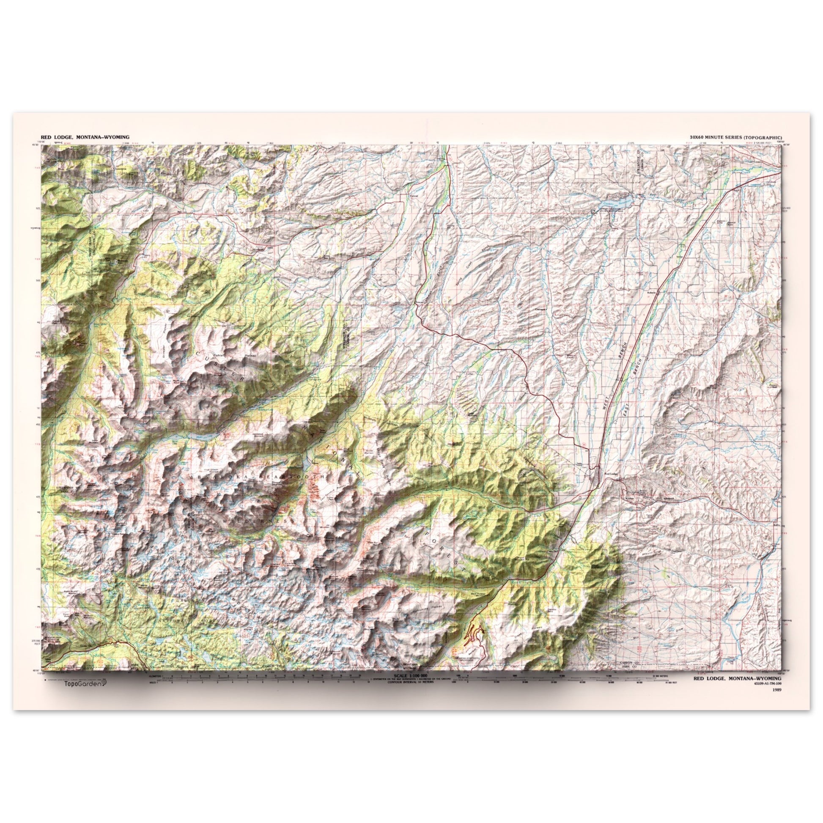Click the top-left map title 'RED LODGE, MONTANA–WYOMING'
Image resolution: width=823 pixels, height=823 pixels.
pos(85,137)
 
